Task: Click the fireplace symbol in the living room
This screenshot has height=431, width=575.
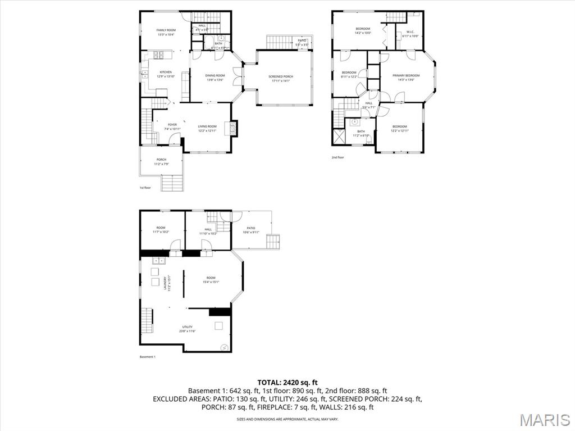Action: (232, 129)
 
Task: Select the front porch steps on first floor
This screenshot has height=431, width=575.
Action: (172, 183)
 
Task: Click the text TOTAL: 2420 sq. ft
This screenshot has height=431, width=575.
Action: (287, 382)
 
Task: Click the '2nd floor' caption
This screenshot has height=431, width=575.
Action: (337, 157)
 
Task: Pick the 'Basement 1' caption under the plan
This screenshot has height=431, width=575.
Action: (147, 357)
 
